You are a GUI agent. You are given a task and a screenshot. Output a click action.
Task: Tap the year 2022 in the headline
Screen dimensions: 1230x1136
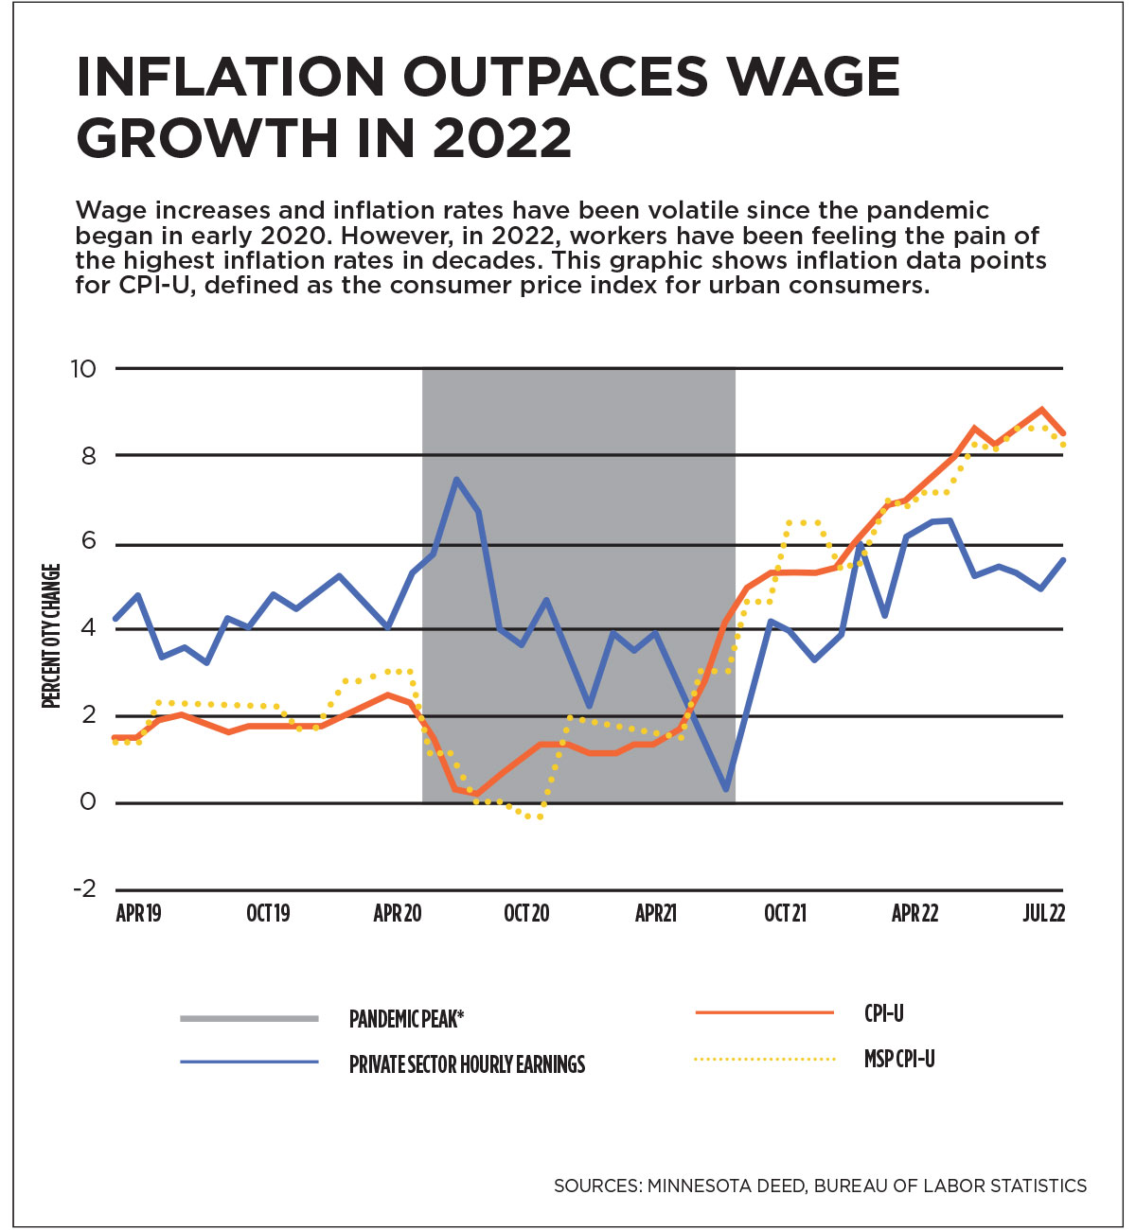503,138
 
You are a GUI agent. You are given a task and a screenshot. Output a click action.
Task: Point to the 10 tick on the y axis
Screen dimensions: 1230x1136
83,368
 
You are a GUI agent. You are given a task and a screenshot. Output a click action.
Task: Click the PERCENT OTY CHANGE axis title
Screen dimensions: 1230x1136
51,635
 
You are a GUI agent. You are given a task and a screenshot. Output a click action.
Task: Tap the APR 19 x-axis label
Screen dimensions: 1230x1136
138,913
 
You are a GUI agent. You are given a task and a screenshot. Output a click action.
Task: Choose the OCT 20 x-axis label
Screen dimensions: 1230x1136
526,913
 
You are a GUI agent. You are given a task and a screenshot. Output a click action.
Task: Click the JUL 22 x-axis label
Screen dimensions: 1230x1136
1044,913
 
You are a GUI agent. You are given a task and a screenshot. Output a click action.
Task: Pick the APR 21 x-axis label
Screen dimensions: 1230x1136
655,913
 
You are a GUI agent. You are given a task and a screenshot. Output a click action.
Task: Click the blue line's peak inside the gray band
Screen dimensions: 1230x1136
456,479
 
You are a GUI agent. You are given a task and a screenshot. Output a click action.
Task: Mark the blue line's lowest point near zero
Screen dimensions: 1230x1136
725,789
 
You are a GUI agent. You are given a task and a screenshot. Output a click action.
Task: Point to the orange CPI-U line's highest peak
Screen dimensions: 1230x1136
1041,410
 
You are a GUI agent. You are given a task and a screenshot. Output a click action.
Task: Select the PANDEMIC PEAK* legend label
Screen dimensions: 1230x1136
406,1019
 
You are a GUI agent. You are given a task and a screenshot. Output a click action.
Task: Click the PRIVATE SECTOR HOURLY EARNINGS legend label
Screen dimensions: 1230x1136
467,1064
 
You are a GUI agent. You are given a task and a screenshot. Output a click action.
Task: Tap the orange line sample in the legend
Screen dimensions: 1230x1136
764,1013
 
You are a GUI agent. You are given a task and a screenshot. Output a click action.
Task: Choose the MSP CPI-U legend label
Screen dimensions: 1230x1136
899,1059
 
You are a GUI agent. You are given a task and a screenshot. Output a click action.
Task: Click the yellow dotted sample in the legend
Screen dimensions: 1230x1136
764,1059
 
